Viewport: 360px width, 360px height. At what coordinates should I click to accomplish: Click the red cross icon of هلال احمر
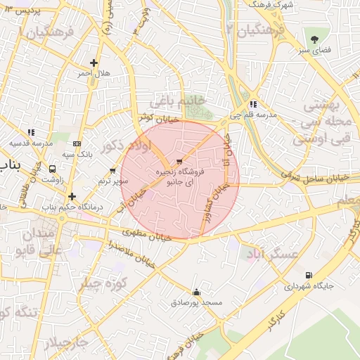click(x=94, y=63)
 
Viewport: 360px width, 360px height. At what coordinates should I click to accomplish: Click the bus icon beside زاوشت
click(x=53, y=169)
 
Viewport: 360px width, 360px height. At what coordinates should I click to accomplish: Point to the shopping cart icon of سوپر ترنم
click(x=113, y=171)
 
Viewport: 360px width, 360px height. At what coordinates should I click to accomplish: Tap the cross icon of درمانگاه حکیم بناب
click(x=72, y=196)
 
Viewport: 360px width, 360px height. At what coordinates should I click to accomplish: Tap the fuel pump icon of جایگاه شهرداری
click(x=308, y=276)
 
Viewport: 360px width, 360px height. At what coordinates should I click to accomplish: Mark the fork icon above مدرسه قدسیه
click(x=31, y=131)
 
